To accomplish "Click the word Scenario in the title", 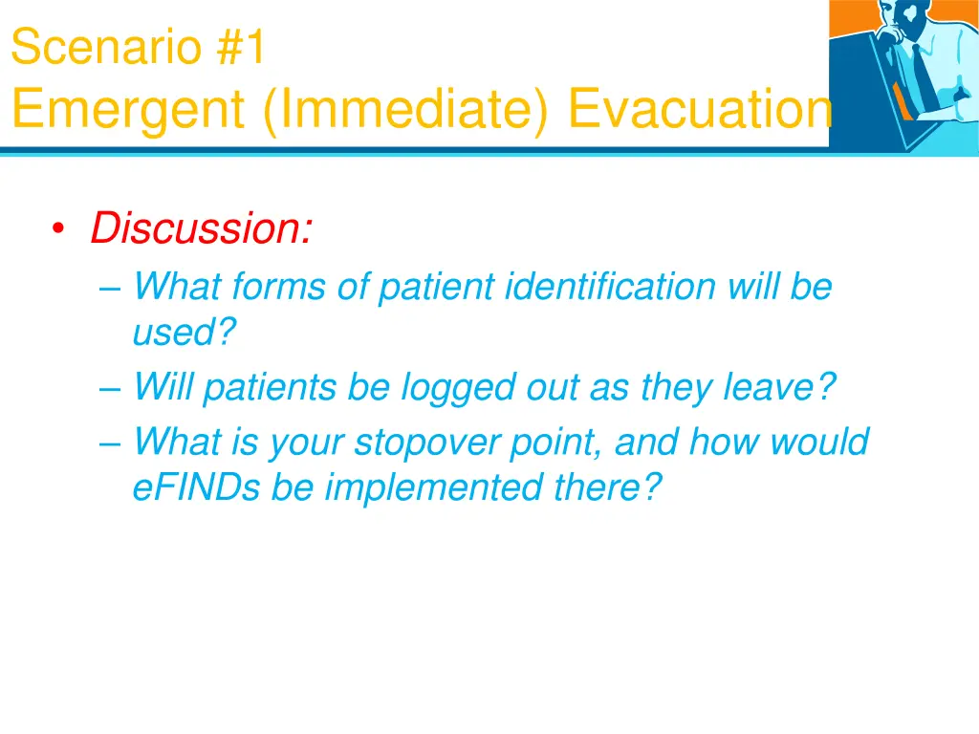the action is [106, 47].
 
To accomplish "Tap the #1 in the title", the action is [241, 47].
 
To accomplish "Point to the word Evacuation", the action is [700, 109].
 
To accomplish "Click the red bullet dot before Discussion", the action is [58, 228].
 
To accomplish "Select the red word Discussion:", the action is [201, 227].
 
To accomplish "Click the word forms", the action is [279, 287].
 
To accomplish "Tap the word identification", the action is [610, 287].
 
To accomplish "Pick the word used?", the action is [185, 332].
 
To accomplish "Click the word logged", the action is [458, 388].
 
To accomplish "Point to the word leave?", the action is [779, 387].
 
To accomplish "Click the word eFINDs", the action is [196, 486].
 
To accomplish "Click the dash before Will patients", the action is [110, 388].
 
